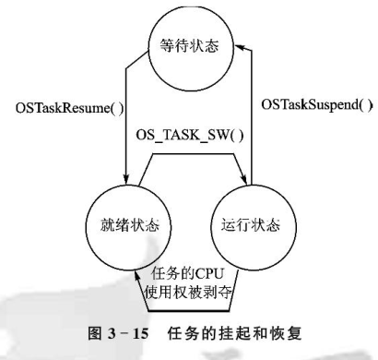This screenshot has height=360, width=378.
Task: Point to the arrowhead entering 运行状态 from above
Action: coord(248,183)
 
